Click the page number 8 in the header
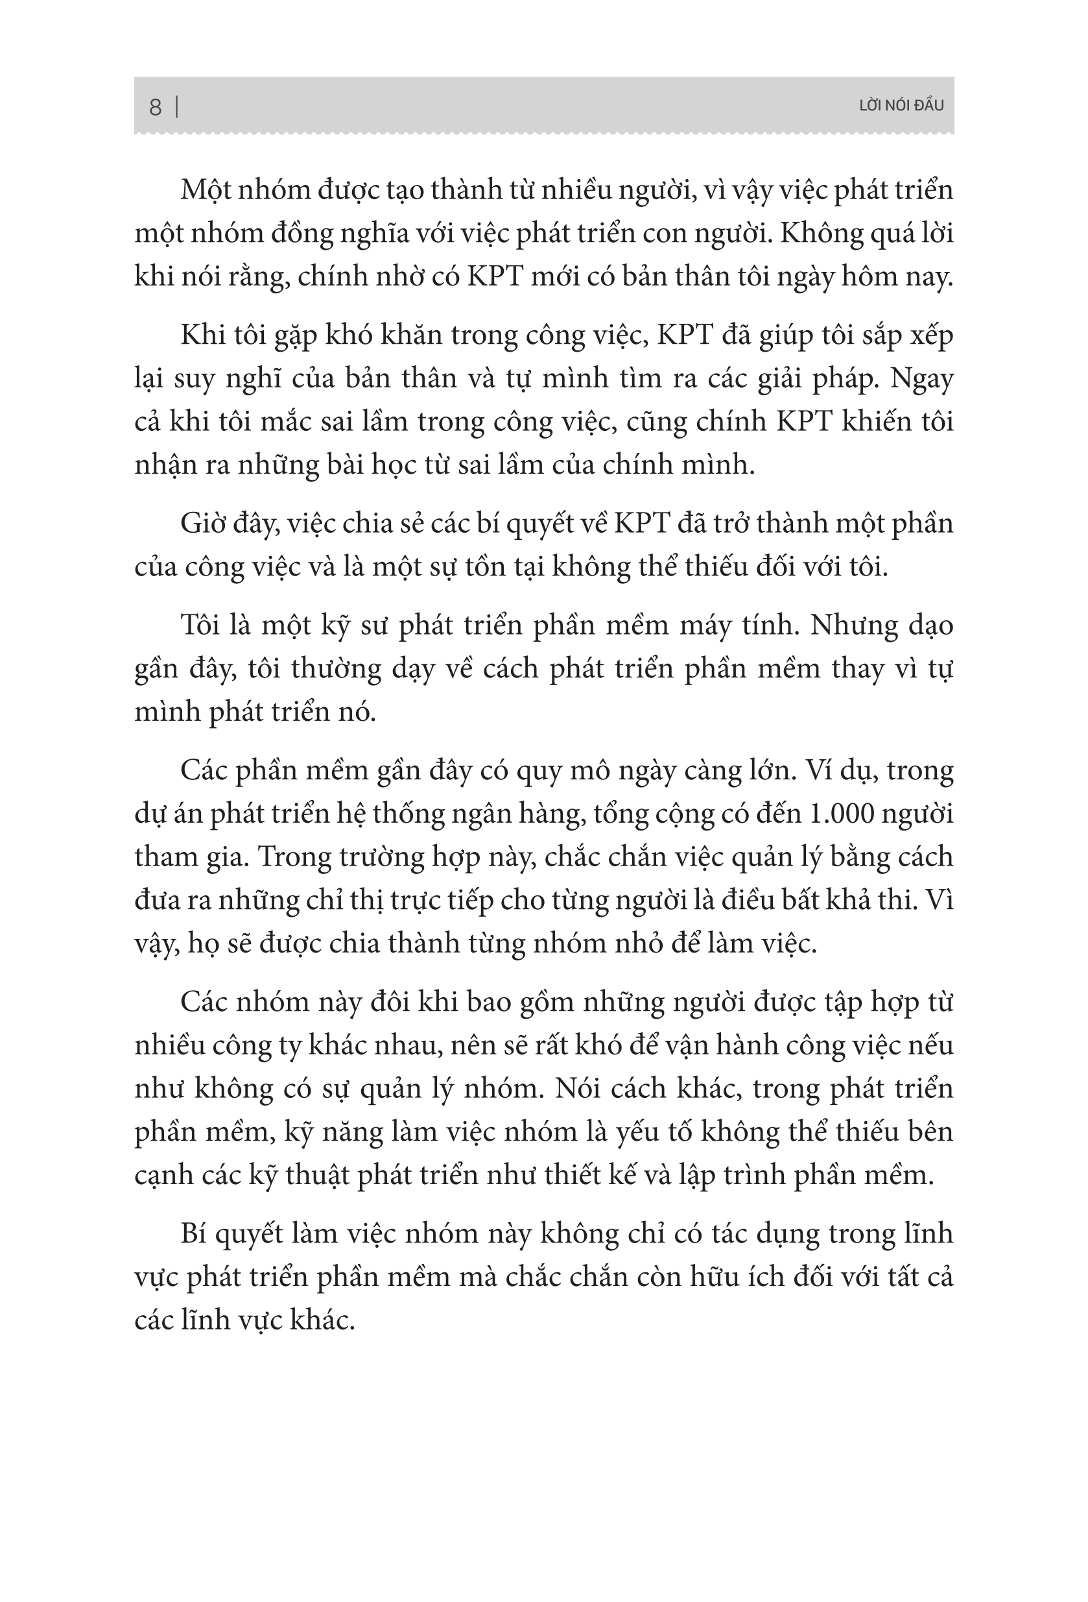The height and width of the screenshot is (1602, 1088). click(x=155, y=107)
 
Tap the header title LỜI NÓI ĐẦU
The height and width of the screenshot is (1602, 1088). click(x=901, y=106)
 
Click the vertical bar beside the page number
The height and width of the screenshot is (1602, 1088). click(x=177, y=107)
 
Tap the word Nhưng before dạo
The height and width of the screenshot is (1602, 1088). click(x=853, y=625)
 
